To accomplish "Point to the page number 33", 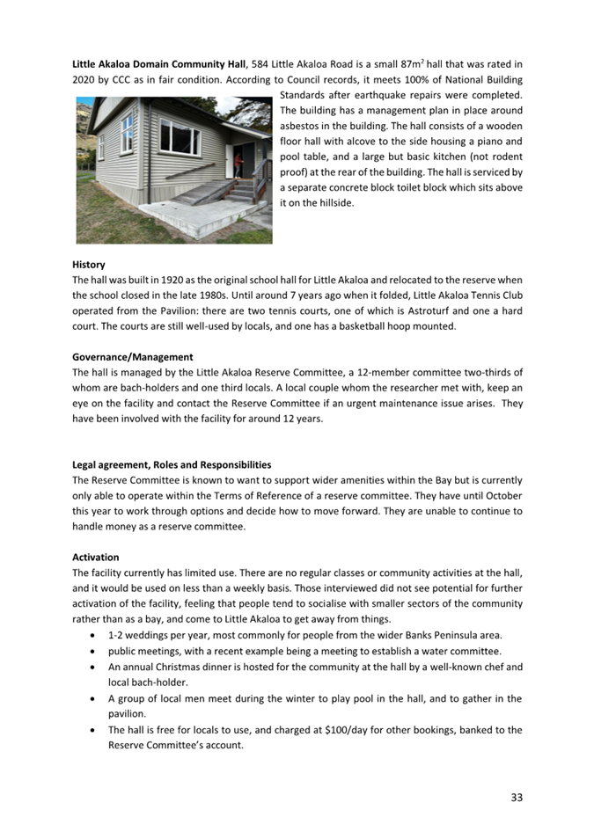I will point(516,797).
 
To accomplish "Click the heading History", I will point(88,265).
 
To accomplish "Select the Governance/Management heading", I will point(132,357).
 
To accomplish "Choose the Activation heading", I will point(95,558).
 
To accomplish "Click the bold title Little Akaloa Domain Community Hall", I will point(158,64).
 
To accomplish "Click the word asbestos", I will point(300,126).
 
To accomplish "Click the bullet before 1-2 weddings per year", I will point(94,635).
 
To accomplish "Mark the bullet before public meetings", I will point(94,652).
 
